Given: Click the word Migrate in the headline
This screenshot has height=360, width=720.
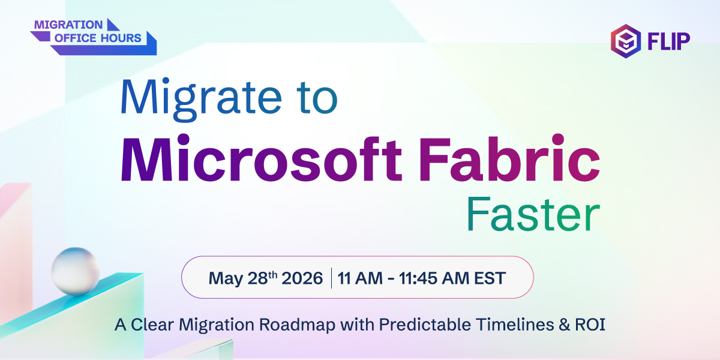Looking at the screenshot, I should [x=203, y=98].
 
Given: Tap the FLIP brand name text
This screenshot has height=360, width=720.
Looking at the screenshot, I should [x=668, y=40].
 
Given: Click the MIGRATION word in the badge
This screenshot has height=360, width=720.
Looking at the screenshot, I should [x=68, y=25].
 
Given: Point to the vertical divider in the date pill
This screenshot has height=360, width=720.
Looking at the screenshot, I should [x=331, y=278].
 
